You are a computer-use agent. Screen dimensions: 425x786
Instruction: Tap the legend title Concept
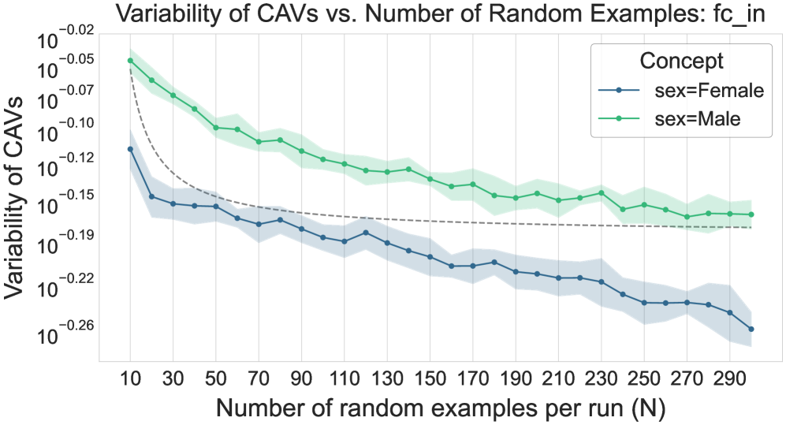pos(682,61)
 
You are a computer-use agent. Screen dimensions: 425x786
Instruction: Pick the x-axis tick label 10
pos(130,379)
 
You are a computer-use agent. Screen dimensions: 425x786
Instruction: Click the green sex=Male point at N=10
pos(130,61)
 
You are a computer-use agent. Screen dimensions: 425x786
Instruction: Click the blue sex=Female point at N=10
pos(130,149)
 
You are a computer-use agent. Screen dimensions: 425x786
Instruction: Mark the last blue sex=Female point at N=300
pos(751,330)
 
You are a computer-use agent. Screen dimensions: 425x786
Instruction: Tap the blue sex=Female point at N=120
pos(366,233)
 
